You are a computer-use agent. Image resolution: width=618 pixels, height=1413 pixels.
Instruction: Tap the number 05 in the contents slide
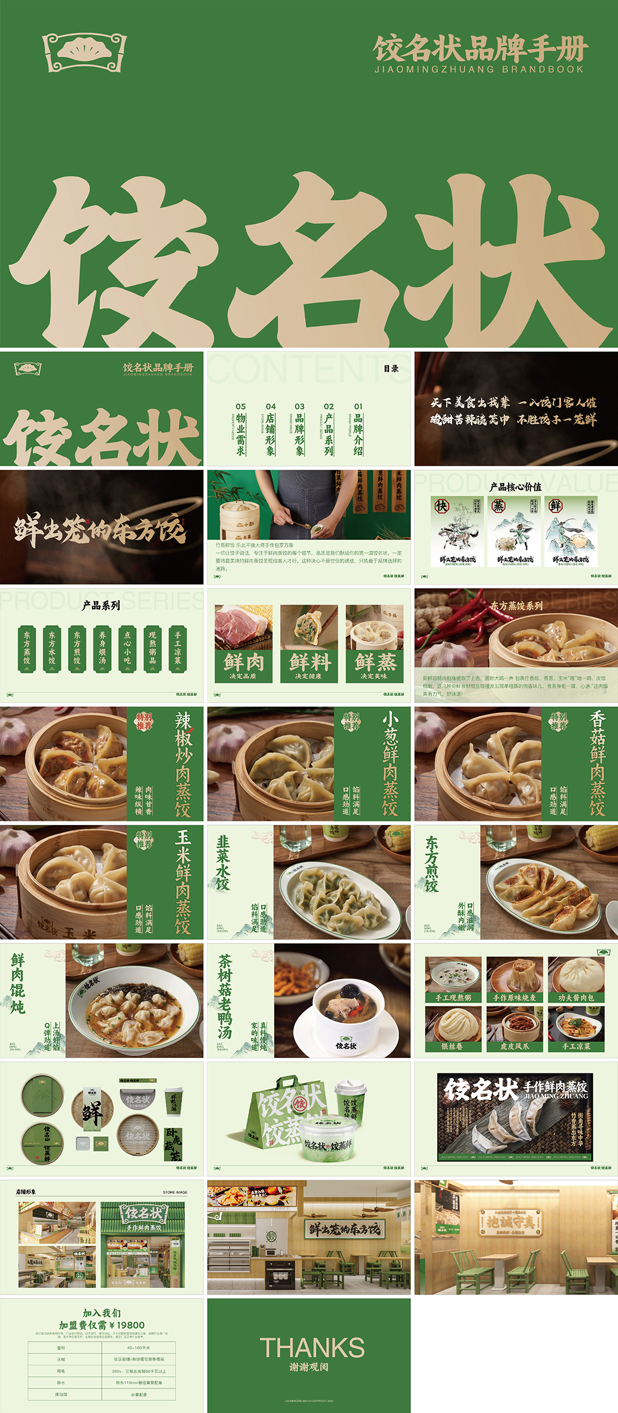coord(241,406)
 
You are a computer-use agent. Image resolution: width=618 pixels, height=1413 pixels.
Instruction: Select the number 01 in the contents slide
coord(358,406)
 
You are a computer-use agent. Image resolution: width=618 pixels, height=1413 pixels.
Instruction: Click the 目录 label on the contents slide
coord(391,369)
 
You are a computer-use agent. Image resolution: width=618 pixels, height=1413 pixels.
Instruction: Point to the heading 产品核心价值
coord(515,487)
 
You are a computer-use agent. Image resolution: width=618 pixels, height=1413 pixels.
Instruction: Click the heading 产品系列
coord(101,605)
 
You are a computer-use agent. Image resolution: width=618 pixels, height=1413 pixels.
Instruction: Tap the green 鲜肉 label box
coord(244,666)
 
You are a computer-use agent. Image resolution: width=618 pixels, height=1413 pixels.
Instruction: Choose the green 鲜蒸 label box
coord(375,666)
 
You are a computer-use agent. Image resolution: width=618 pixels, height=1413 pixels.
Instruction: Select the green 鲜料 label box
coord(310,666)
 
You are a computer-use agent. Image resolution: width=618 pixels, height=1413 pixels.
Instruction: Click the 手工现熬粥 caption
coord(453,997)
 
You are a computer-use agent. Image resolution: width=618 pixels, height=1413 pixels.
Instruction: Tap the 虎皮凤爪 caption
coord(514,1046)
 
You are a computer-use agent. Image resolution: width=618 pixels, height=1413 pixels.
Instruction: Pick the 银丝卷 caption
coord(453,1046)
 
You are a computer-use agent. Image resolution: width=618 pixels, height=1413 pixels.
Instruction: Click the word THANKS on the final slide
coord(312,1347)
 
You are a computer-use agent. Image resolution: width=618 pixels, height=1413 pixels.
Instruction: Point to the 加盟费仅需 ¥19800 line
coord(102,1325)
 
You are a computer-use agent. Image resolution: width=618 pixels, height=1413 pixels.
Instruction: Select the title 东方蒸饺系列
coord(516,606)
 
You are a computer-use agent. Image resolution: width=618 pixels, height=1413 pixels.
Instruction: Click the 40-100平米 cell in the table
coord(138,1348)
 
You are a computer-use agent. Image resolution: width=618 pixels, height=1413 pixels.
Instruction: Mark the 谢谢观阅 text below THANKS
coord(308,1367)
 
